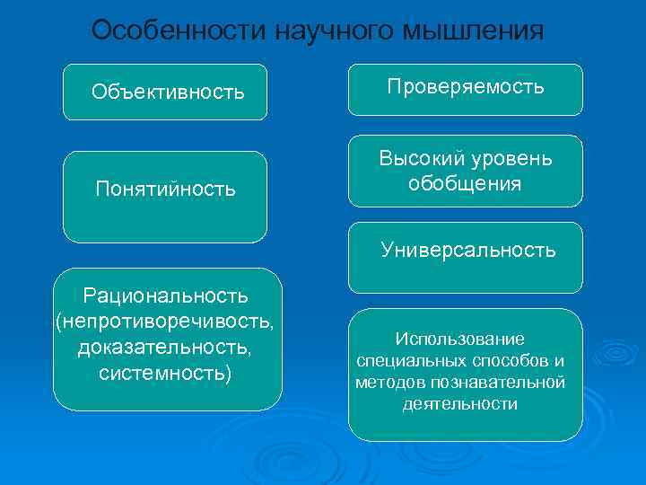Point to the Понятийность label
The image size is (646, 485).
point(166,189)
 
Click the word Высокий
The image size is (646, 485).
point(418,159)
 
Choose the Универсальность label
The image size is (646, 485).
point(467,250)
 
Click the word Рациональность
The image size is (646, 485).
point(166,295)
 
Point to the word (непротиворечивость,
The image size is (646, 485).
point(166,321)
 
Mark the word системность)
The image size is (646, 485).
point(165,371)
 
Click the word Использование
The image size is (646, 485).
point(459,339)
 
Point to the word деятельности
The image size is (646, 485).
point(459,403)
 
